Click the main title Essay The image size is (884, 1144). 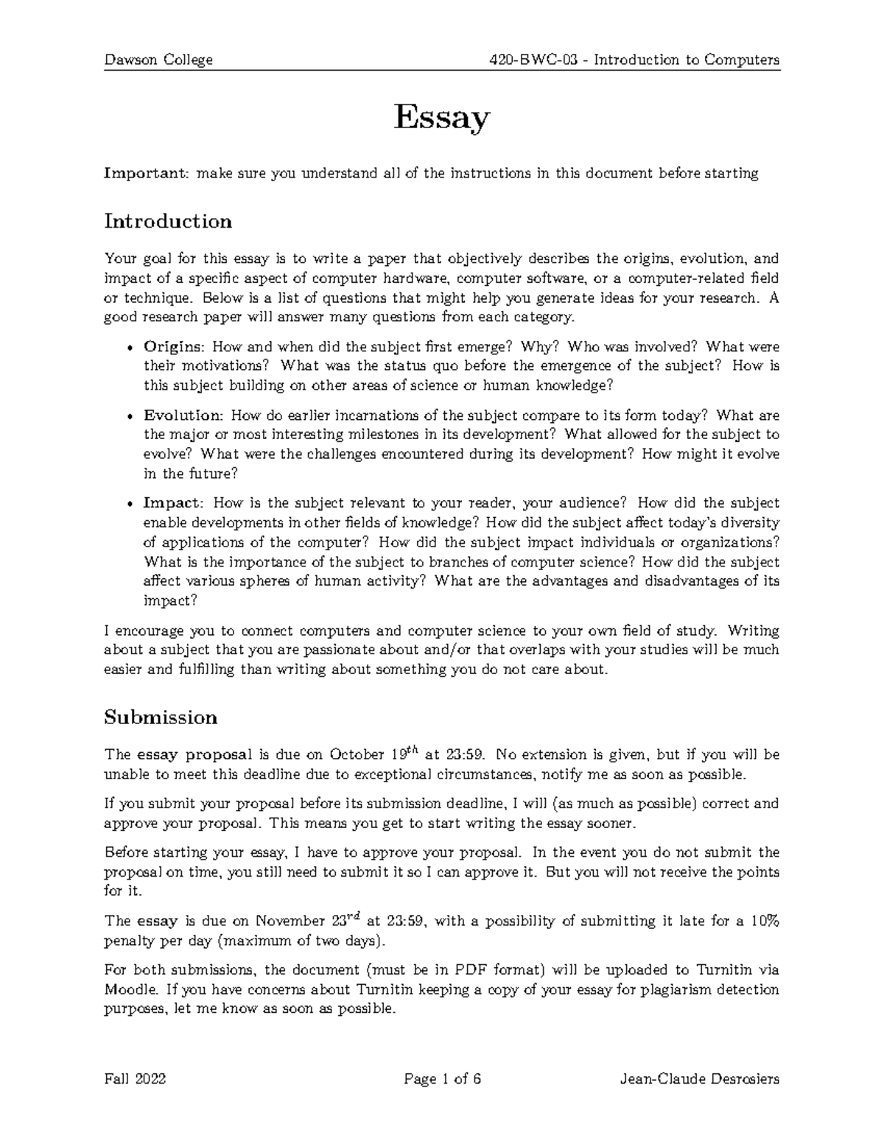point(441,118)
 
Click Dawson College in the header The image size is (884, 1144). point(158,60)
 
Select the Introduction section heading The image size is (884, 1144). point(168,221)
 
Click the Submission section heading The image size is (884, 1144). point(161,717)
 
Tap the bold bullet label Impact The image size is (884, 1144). point(172,503)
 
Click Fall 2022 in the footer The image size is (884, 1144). point(136,1080)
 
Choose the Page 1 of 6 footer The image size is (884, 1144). point(443,1080)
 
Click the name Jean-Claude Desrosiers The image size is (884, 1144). point(700,1080)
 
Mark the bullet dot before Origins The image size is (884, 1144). point(130,348)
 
